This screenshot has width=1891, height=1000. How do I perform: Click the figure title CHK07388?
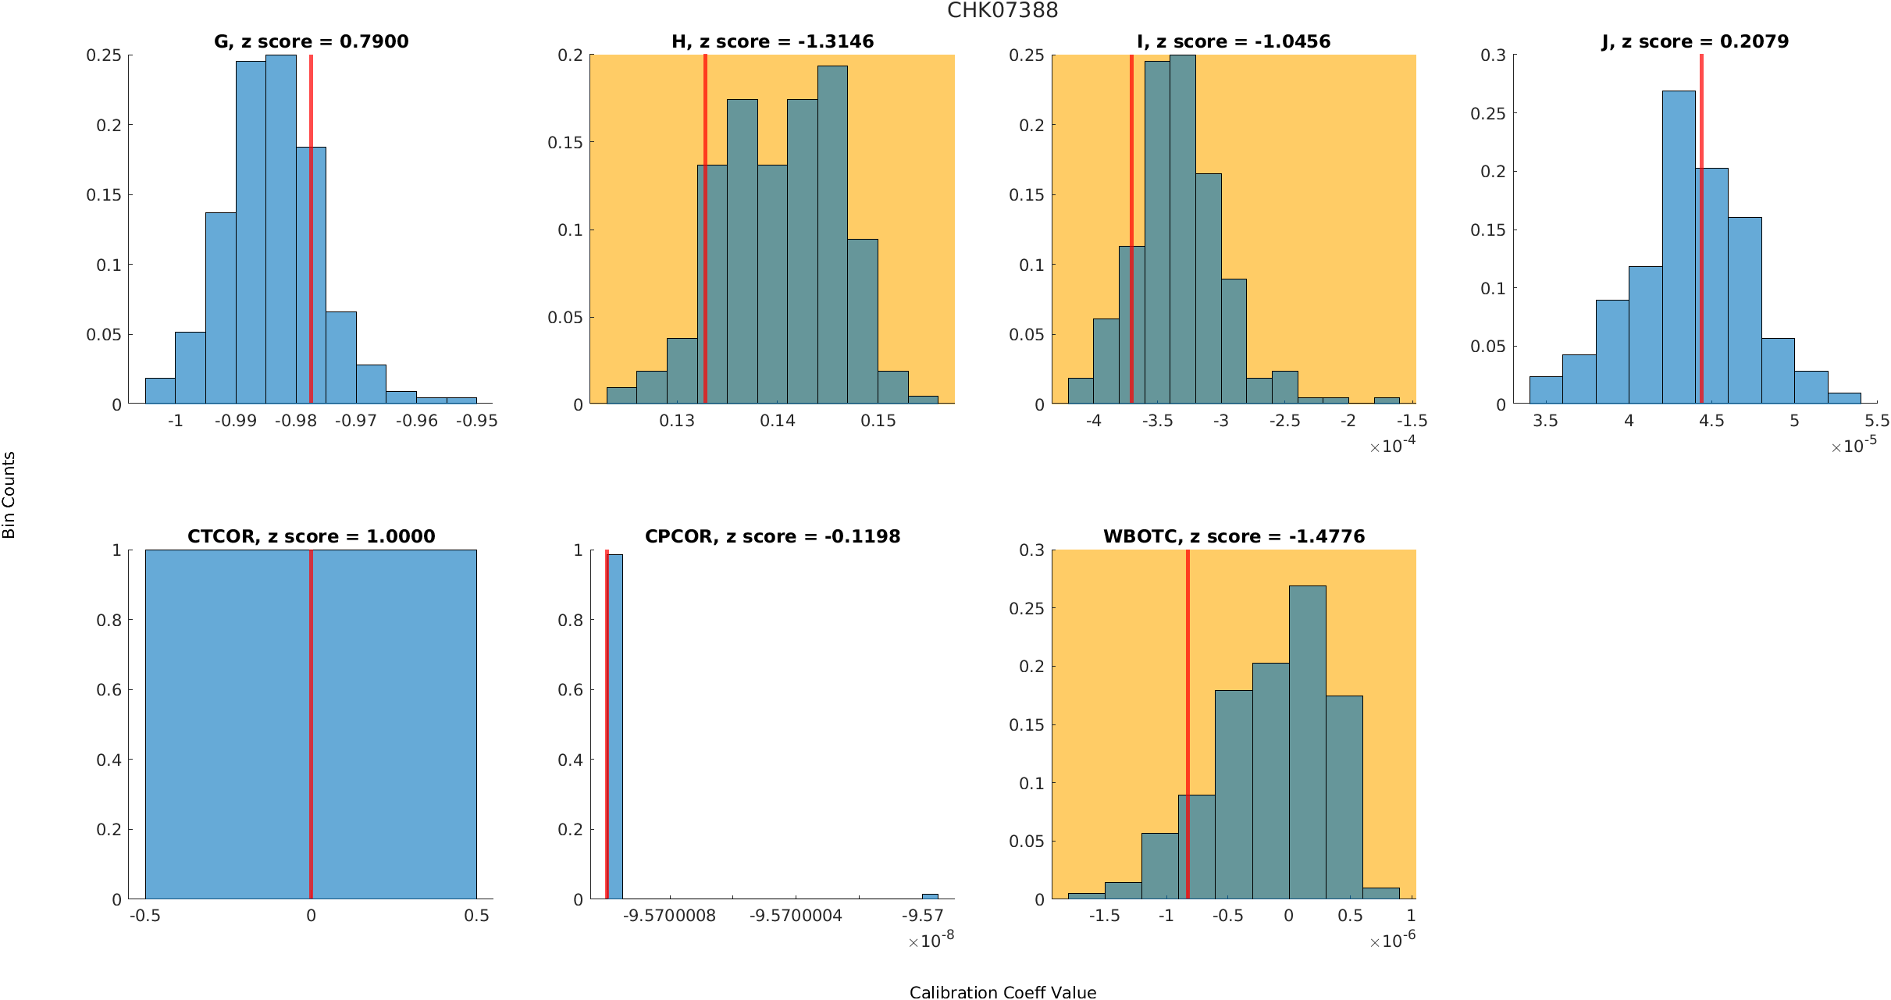click(1002, 10)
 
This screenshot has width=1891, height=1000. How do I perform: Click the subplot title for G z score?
click(311, 41)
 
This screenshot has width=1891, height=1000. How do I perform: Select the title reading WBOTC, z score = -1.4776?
click(1234, 536)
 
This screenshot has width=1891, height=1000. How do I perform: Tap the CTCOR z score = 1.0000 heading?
click(311, 536)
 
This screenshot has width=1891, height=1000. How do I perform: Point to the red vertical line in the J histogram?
click(1701, 234)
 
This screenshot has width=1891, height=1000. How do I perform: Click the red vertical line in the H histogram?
click(705, 234)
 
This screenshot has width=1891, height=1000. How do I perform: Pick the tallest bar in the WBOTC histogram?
click(1307, 742)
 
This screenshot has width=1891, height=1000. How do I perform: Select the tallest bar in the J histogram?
click(1679, 250)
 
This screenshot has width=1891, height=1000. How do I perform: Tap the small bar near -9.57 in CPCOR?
click(930, 896)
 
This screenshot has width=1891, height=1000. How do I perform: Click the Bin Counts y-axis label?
click(9, 495)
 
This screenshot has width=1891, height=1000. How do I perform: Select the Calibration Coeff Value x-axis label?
click(1002, 992)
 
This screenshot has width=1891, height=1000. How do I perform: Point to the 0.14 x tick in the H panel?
click(778, 421)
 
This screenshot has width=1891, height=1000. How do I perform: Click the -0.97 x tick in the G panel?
click(356, 421)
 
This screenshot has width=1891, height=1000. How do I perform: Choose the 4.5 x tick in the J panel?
click(1711, 421)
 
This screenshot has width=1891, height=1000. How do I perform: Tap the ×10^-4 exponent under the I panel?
click(1392, 446)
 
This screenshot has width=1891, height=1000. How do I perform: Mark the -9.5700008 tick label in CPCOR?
click(669, 916)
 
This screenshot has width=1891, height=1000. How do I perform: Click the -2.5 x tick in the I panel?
click(1284, 421)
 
